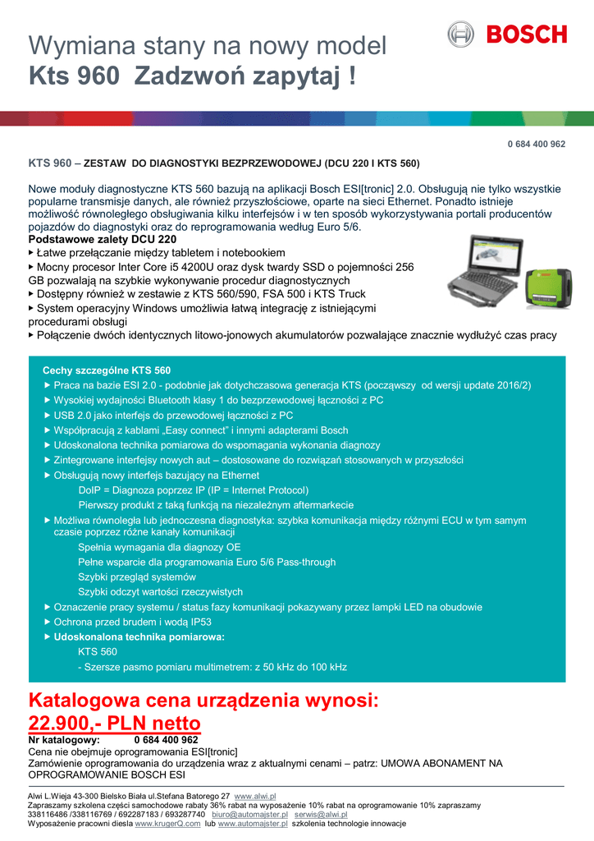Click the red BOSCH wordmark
click(526, 34)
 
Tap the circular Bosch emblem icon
click(460, 34)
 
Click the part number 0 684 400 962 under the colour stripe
click(536, 144)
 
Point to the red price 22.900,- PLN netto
click(115, 724)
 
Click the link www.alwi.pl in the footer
click(255, 797)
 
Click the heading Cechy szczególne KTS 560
click(107, 370)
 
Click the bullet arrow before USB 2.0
click(47, 416)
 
